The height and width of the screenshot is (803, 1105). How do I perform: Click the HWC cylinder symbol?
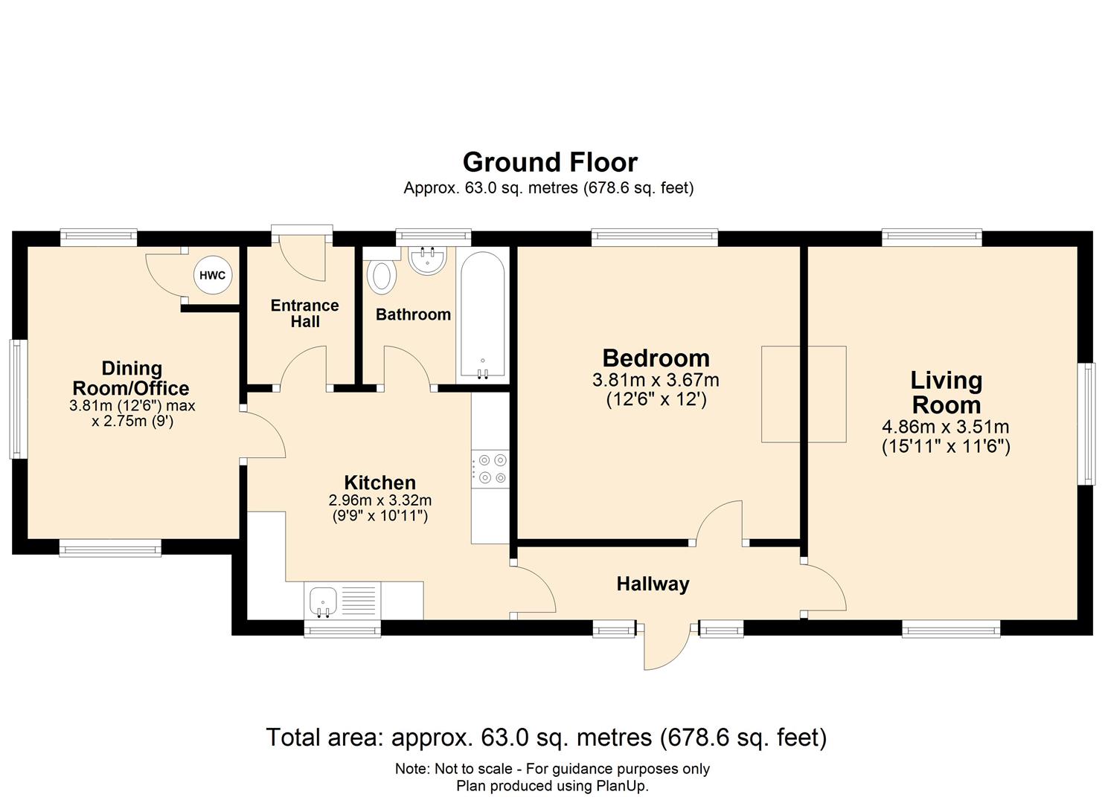click(212, 276)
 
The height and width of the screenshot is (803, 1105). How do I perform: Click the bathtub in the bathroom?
click(482, 316)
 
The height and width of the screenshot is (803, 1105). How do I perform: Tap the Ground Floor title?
click(550, 162)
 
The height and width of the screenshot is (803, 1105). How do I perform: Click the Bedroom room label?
click(656, 358)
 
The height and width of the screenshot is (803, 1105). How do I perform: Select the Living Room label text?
click(946, 393)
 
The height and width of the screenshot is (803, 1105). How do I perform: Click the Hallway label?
click(653, 584)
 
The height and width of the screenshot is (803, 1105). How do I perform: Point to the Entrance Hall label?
click(304, 314)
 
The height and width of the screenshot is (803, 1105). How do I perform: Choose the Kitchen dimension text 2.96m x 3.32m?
click(380, 500)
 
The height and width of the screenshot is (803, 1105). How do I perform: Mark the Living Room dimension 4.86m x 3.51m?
click(945, 428)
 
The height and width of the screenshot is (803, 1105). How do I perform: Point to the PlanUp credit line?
click(552, 786)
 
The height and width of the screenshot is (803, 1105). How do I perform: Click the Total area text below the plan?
click(546, 738)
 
